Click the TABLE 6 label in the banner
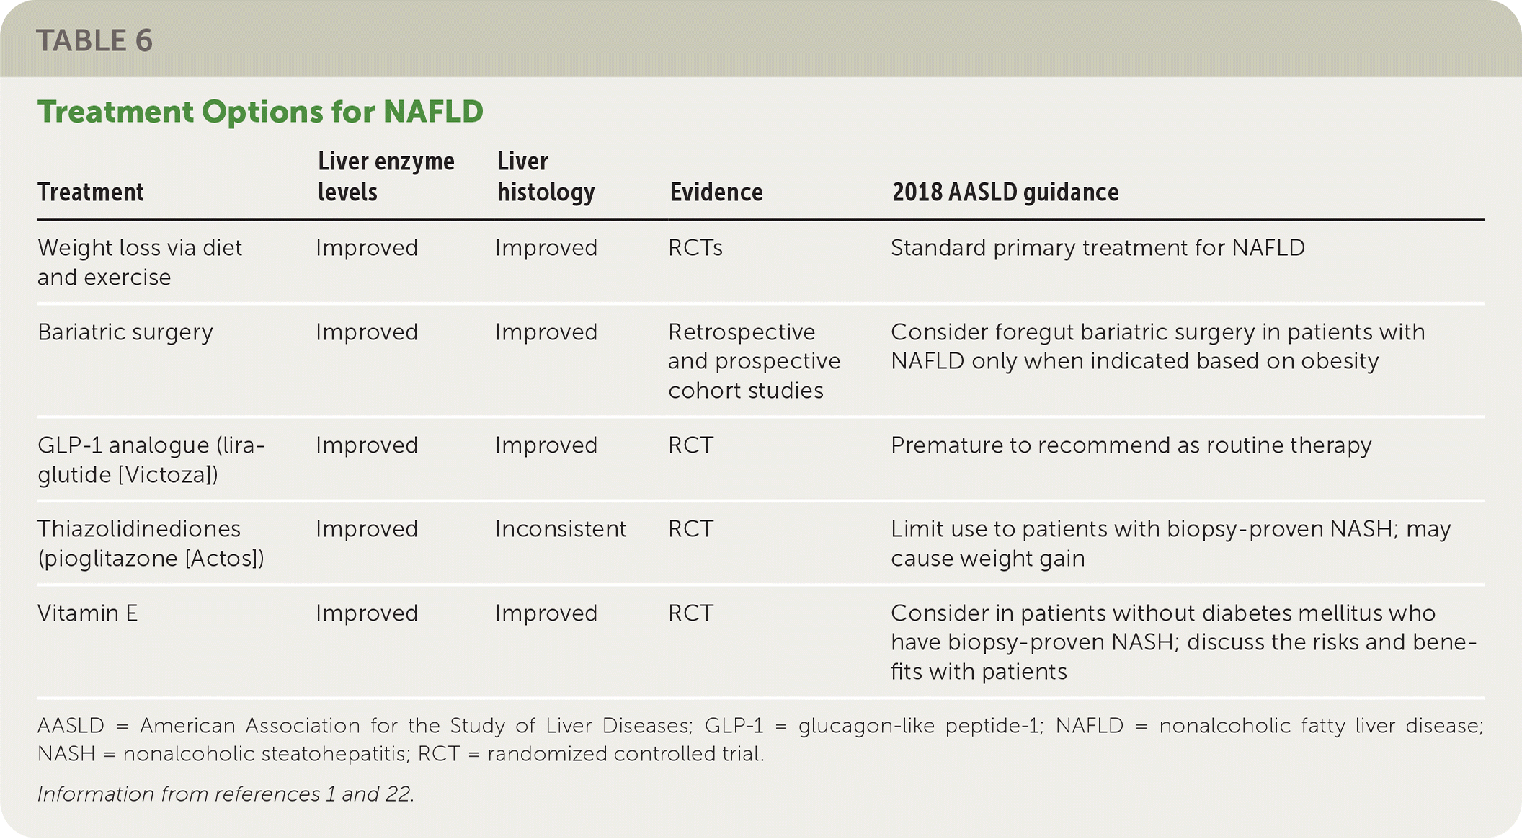point(94,41)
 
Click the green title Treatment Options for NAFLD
point(260,112)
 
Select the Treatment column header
point(91,192)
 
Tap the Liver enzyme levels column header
point(386,177)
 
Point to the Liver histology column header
point(546,177)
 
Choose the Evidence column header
point(716,192)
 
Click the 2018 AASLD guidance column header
point(1005,192)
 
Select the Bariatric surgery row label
point(125,332)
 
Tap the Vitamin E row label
point(87,613)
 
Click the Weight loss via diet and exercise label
point(140,262)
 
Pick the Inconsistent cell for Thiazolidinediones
point(561,529)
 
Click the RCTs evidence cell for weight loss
point(695,248)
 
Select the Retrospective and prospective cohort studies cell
point(755,361)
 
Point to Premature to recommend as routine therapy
point(1131,446)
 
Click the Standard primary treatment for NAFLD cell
point(1098,248)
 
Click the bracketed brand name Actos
point(225,559)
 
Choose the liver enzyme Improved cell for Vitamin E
point(367,613)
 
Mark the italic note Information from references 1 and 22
point(226,794)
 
